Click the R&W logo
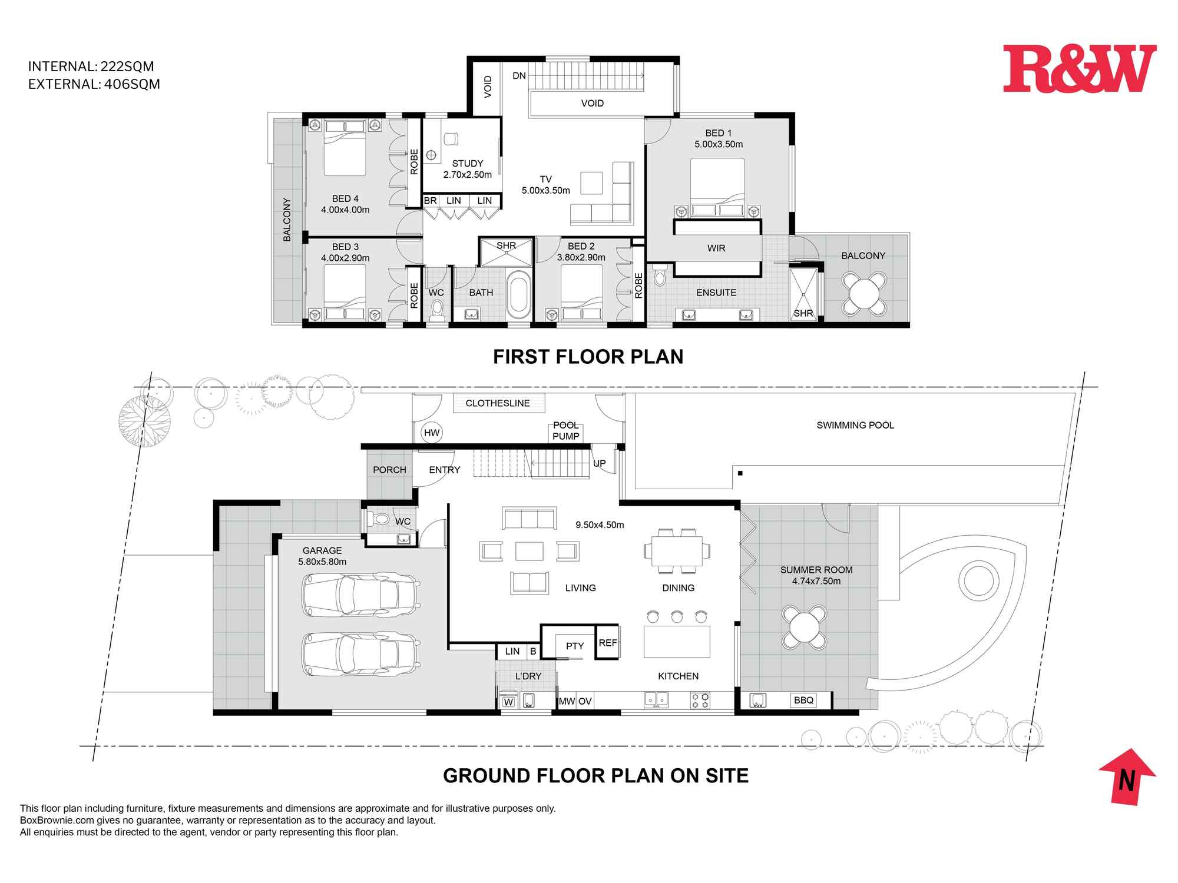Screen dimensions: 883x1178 click(x=1079, y=69)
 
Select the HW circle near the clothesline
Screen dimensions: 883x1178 click(x=432, y=433)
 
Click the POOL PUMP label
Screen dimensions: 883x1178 click(x=566, y=431)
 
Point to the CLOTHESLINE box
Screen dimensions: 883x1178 click(x=498, y=403)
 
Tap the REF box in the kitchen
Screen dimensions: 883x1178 click(x=607, y=643)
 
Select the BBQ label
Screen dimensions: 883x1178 click(x=803, y=700)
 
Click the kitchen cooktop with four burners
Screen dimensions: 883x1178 click(x=701, y=701)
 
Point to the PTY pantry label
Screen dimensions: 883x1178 click(x=575, y=646)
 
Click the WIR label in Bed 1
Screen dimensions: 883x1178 click(x=716, y=248)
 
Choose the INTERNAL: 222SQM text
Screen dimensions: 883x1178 click(x=91, y=67)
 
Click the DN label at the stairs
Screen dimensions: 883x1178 click(x=519, y=76)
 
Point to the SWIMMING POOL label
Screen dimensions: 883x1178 click(x=855, y=425)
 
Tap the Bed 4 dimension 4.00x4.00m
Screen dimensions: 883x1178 click(x=345, y=210)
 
